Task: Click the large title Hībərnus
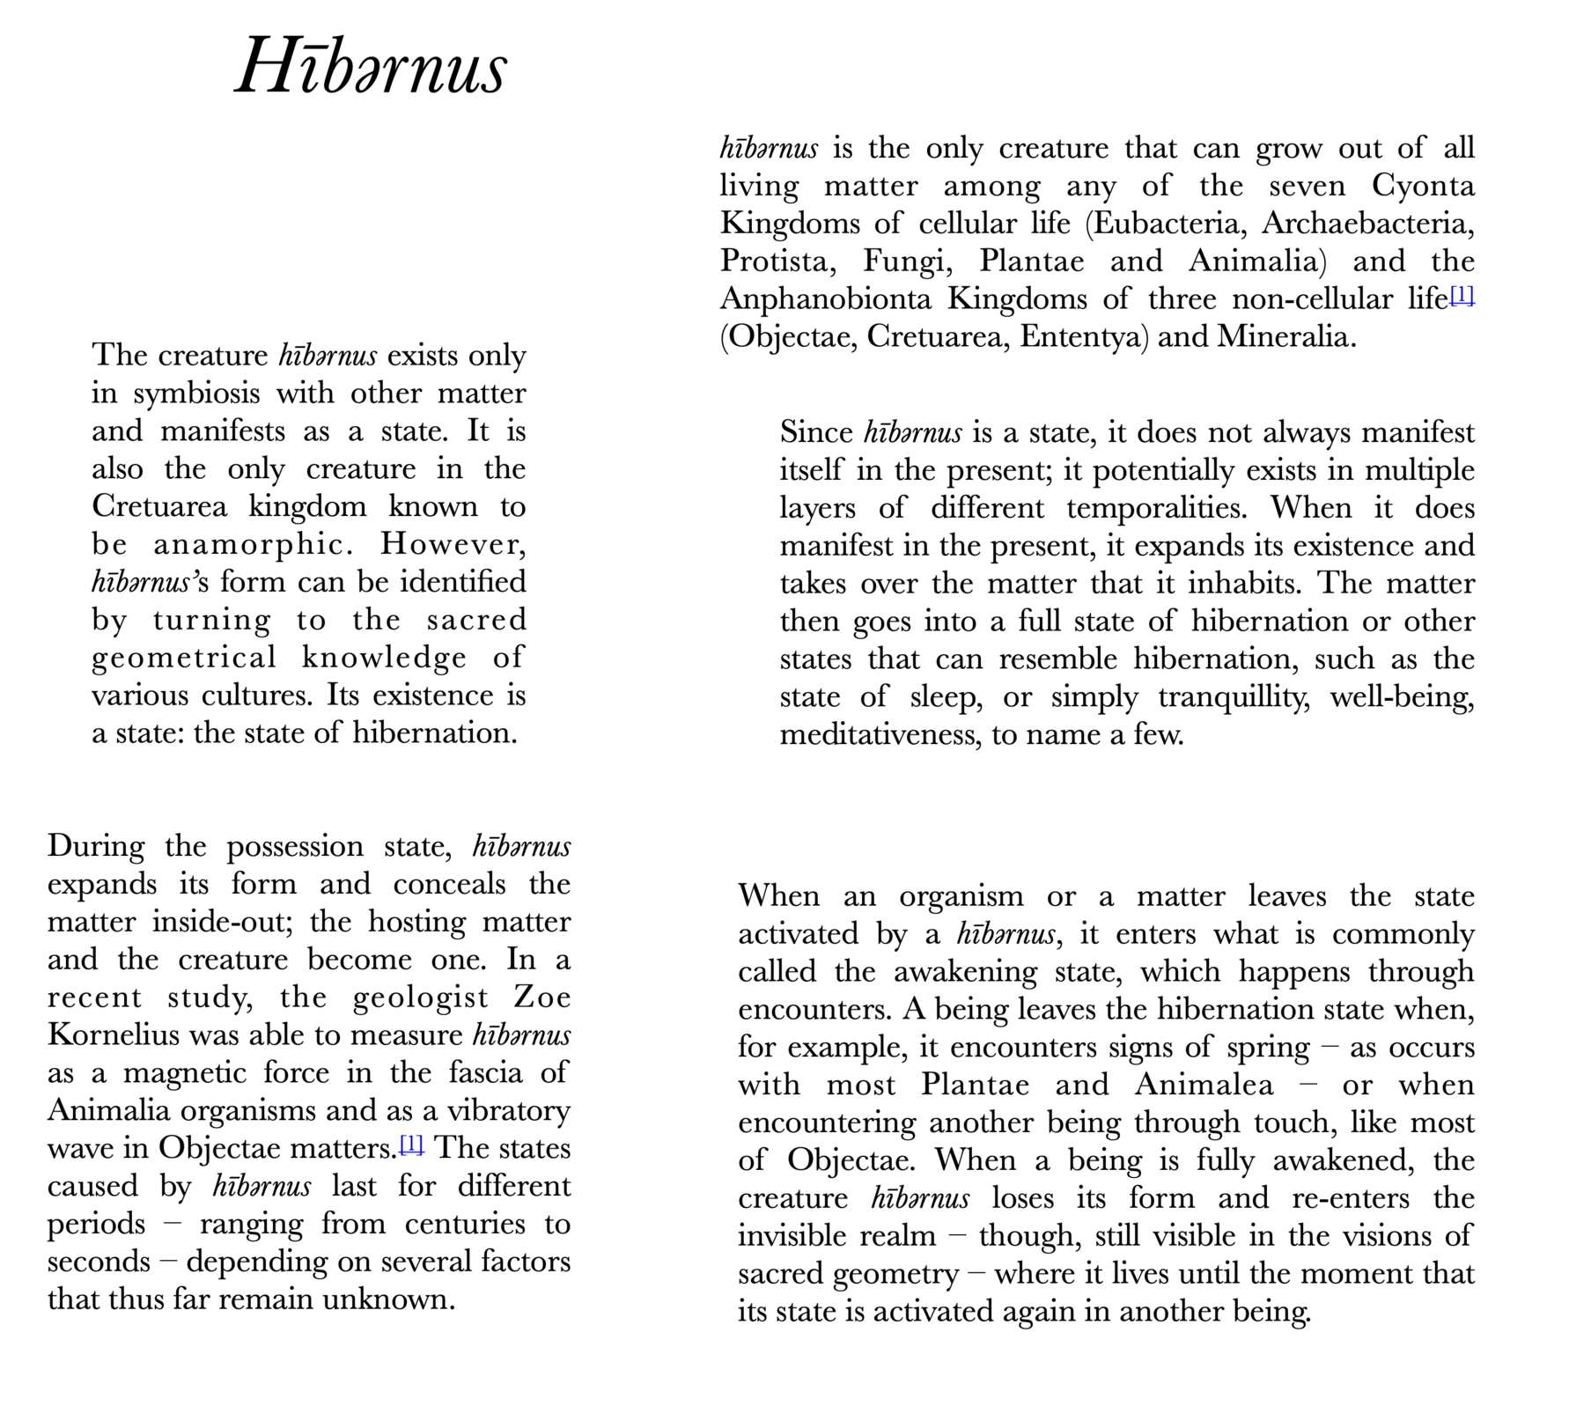pyautogui.click(x=371, y=67)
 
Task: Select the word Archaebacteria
pyautogui.click(x=1367, y=224)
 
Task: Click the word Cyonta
pyautogui.click(x=1423, y=186)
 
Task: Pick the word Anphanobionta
pyautogui.click(x=825, y=299)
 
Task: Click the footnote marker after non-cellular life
pyautogui.click(x=1462, y=295)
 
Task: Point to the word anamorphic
pyautogui.click(x=254, y=545)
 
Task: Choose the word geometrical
pyautogui.click(x=184, y=659)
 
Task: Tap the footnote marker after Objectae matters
pyautogui.click(x=412, y=1145)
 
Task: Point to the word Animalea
pyautogui.click(x=1204, y=1085)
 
